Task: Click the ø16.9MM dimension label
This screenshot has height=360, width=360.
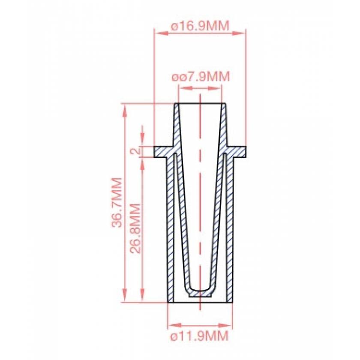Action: [200, 26]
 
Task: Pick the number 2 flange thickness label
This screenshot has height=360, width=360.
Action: [135, 151]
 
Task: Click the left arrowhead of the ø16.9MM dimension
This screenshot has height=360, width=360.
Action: [157, 32]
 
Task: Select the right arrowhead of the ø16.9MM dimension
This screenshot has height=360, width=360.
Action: [243, 32]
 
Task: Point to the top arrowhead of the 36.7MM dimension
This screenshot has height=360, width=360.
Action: [125, 108]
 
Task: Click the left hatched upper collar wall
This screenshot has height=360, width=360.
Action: [176, 124]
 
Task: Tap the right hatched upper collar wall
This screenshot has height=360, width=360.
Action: [224, 124]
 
